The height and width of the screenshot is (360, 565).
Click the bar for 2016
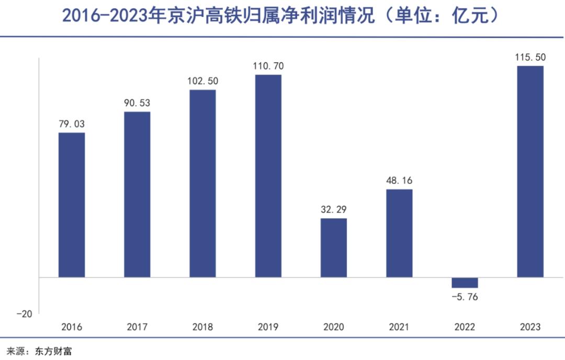tap(72, 205)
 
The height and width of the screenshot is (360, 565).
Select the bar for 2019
tap(268, 176)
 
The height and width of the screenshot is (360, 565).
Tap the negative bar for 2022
tap(465, 283)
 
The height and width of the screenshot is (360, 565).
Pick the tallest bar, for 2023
tap(530, 171)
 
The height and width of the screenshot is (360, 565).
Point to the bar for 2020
tap(334, 248)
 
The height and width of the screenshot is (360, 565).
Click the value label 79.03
tap(72, 125)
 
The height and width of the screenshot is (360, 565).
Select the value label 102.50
tap(202, 81)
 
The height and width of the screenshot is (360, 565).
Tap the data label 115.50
tap(530, 58)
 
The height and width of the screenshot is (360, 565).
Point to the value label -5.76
tap(465, 297)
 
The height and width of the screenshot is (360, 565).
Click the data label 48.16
tap(399, 181)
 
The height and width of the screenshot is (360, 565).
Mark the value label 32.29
tap(334, 210)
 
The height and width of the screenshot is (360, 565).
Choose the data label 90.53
tap(137, 103)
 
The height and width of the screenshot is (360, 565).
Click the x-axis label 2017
tap(137, 327)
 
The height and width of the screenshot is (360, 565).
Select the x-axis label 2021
tap(399, 327)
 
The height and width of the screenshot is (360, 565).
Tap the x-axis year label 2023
tap(530, 327)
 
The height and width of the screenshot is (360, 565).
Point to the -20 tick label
tap(24, 314)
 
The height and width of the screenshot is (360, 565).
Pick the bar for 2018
tap(202, 183)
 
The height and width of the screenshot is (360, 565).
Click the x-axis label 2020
tap(334, 327)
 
